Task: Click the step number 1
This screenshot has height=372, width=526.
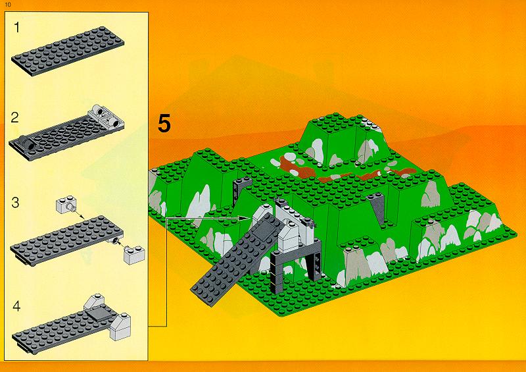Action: click(x=17, y=28)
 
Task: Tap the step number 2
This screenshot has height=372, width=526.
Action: click(x=14, y=118)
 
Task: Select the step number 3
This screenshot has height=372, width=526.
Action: click(x=15, y=203)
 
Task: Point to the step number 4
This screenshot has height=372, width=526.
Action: click(x=16, y=306)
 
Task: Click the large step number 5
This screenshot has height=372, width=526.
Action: click(x=164, y=123)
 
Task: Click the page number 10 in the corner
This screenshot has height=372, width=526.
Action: click(x=8, y=5)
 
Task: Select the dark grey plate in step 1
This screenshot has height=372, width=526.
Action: click(x=68, y=51)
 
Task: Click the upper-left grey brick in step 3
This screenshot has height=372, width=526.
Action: click(x=67, y=205)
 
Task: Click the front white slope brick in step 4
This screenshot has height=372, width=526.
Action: click(x=120, y=327)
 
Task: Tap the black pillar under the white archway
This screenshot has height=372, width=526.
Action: click(x=277, y=272)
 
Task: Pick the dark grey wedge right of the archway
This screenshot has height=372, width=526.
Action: click(x=377, y=209)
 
